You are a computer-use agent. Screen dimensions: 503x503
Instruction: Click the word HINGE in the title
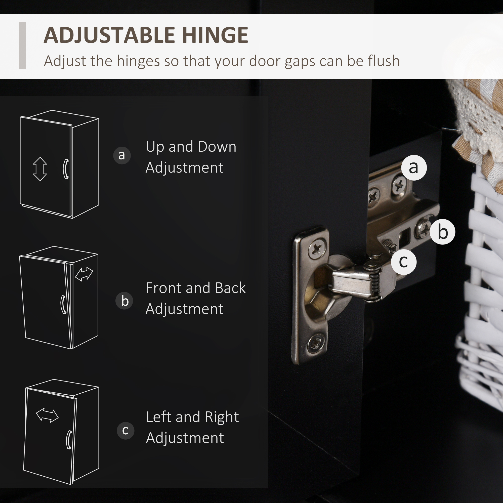coord(215,35)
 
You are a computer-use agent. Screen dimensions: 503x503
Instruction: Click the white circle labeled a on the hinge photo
coord(414,168)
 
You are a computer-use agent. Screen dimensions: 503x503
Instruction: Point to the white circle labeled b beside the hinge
coord(443,232)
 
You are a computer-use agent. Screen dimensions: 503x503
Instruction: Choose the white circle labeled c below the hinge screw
coord(404,262)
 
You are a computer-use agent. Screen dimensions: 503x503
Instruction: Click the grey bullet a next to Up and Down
coord(122,155)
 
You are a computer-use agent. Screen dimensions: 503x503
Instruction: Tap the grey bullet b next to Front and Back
coord(124,301)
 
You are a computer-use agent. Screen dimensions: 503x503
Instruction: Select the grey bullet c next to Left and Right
coord(125,430)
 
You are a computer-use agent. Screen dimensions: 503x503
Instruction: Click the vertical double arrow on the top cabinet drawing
coord(40,169)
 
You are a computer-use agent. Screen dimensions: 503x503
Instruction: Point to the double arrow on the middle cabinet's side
coord(84,274)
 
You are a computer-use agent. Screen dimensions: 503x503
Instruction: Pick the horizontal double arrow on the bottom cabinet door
coord(47,415)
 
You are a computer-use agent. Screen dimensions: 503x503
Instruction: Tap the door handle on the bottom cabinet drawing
coord(69,440)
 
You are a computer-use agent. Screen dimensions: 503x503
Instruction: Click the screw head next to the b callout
coord(423,229)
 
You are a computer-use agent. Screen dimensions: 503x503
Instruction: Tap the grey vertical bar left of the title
coord(23,45)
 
